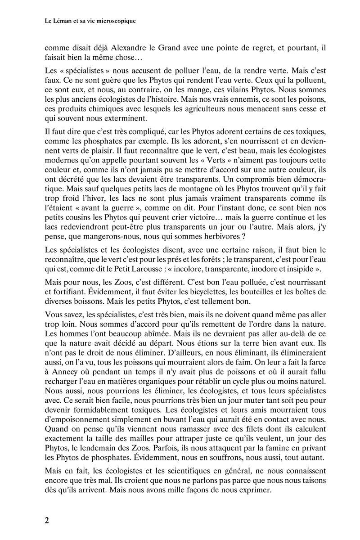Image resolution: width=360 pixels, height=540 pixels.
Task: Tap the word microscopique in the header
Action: (x=116, y=21)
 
